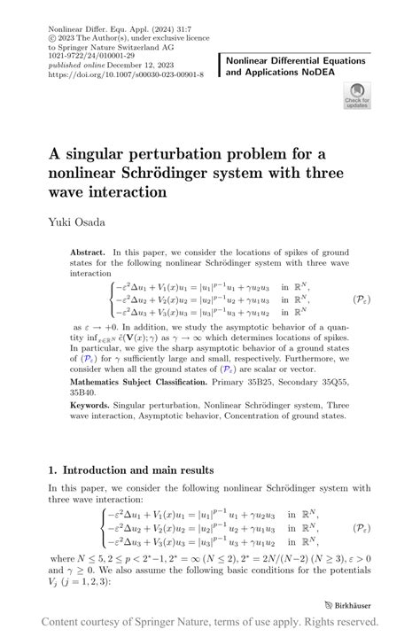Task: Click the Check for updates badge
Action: point(356,95)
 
